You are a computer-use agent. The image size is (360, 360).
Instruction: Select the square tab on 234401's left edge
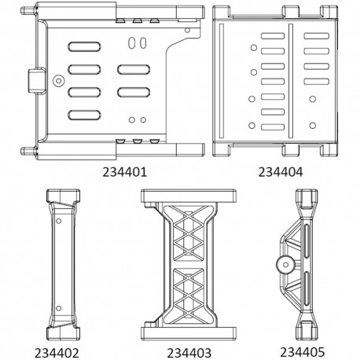(x=35, y=80)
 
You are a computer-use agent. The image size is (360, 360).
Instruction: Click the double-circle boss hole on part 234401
(x=58, y=79)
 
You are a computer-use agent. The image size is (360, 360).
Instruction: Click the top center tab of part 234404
(x=281, y=10)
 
